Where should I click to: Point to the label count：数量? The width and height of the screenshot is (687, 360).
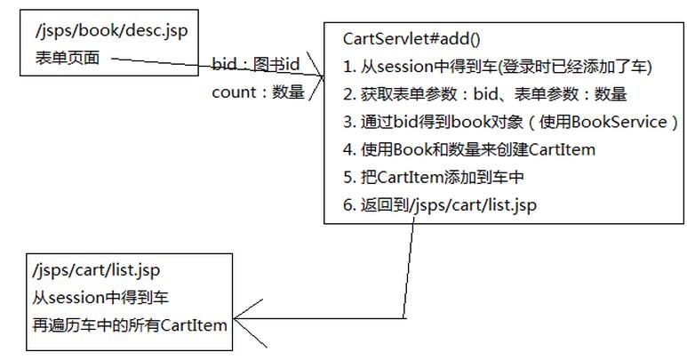click(x=258, y=92)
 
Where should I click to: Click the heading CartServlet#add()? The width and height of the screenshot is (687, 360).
click(x=411, y=38)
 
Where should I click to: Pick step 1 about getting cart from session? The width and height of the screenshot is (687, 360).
click(x=497, y=67)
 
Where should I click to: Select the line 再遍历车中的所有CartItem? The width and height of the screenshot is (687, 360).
click(x=129, y=324)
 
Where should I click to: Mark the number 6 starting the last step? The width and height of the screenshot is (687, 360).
click(x=346, y=205)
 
